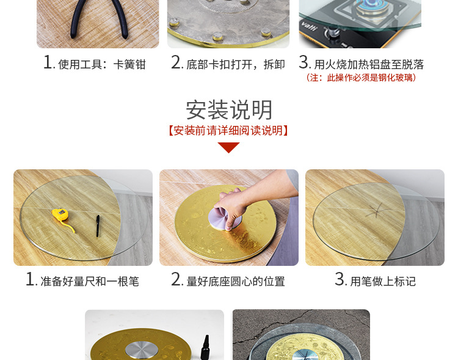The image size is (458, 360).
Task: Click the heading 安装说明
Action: coord(229,110)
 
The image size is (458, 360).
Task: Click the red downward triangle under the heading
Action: coord(228,147)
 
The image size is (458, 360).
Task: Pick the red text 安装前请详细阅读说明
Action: coord(228,130)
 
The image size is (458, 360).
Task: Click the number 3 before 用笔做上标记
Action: coord(340,280)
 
